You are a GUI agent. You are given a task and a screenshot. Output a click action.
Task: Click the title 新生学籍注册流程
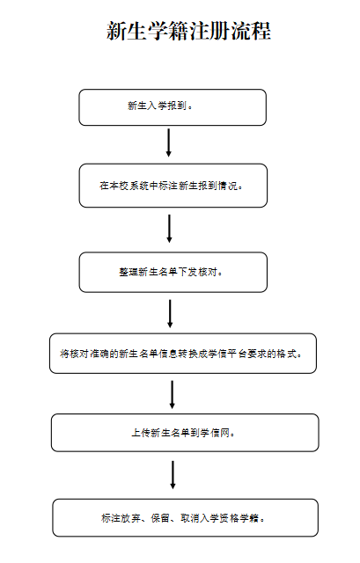[188, 31]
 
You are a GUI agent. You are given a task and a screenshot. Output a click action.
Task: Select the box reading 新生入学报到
[173, 107]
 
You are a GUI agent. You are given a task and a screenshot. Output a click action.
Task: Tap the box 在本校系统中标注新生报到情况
[173, 186]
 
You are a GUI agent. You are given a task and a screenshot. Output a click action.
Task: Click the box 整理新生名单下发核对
[173, 272]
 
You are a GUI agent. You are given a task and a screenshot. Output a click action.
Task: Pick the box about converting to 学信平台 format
[183, 354]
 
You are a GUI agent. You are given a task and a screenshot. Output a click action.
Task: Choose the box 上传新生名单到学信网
[185, 433]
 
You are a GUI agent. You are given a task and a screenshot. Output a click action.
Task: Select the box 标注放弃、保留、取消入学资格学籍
[185, 518]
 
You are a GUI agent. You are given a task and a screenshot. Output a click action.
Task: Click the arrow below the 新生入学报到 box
[168, 143]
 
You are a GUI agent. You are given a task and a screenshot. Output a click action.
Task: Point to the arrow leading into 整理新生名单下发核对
[169, 229]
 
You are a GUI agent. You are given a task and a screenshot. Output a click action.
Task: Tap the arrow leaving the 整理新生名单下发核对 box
[170, 314]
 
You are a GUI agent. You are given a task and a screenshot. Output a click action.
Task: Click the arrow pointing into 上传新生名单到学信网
[173, 395]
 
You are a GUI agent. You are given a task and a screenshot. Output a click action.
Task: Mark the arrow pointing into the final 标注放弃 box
[173, 475]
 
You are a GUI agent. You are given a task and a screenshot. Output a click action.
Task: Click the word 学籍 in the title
[168, 31]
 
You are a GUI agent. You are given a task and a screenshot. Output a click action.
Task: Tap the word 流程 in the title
[251, 31]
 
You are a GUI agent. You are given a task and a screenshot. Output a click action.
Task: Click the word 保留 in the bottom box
[160, 518]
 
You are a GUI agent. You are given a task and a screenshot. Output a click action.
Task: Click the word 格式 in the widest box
[288, 354]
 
